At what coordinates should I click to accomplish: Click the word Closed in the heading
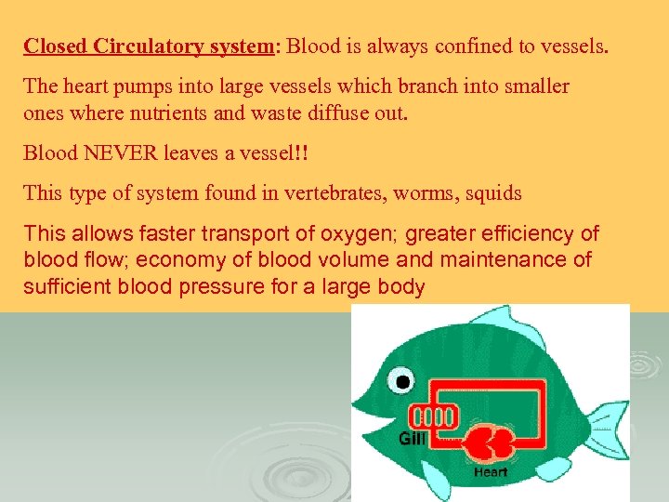(53, 46)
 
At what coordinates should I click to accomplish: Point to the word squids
(493, 194)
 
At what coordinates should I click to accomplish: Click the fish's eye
(400, 380)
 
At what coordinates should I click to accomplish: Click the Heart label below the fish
(490, 472)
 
